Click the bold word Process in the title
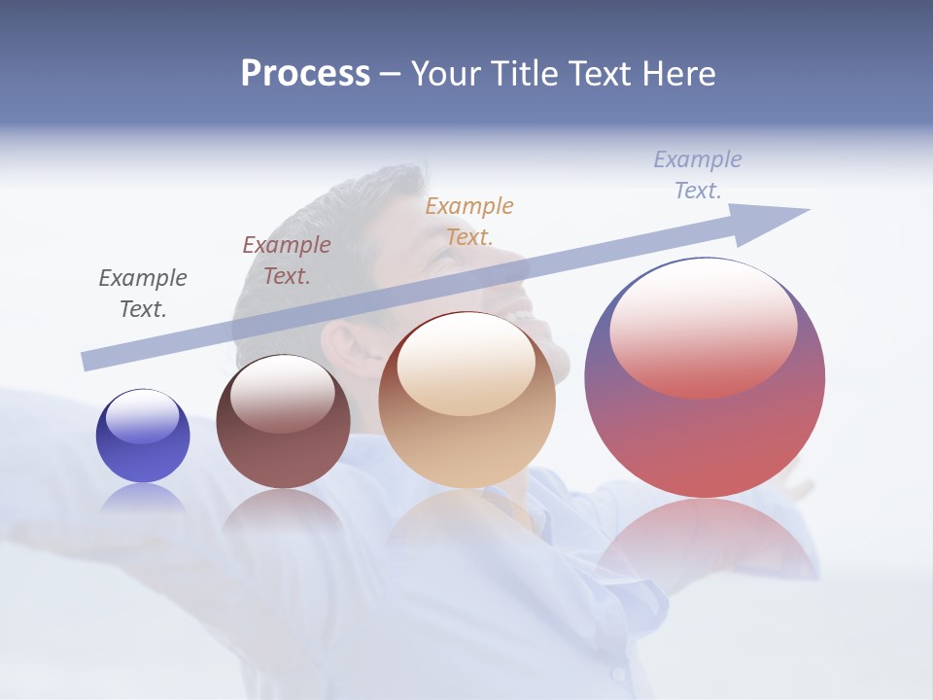pyautogui.click(x=305, y=74)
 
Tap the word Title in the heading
pyautogui.click(x=522, y=74)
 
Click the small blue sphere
pyautogui.click(x=143, y=436)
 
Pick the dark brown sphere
pyautogui.click(x=283, y=422)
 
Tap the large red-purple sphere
pyautogui.click(x=705, y=377)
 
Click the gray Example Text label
pyautogui.click(x=143, y=294)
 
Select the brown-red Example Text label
pyautogui.click(x=287, y=261)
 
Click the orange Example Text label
pyautogui.click(x=469, y=222)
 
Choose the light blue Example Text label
pyautogui.click(x=698, y=175)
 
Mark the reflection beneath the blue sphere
pyautogui.click(x=143, y=499)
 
